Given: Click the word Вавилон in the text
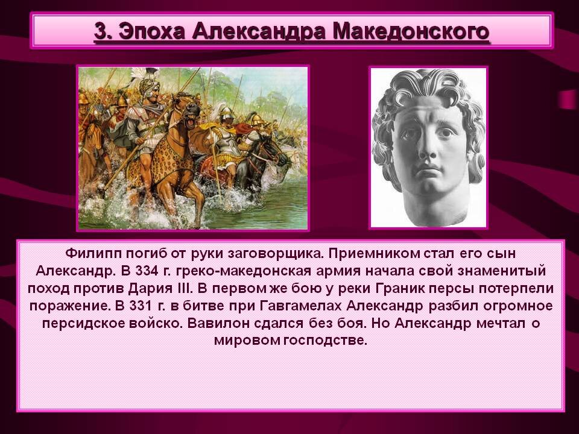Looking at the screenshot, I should tap(215, 322).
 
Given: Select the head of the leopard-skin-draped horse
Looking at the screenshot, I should tap(192, 112).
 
